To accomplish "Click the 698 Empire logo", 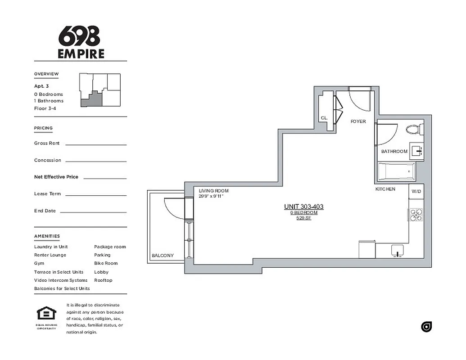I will pos(81,42).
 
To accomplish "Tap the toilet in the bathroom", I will pos(414,130).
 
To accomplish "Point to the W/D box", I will pos(416,192).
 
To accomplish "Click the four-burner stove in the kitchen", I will pos(416,215).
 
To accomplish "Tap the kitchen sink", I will pos(397,250).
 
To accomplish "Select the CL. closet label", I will pos(324,118).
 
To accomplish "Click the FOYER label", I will pos(358,121).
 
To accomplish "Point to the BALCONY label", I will pos(163,256).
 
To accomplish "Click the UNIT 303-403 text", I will pos(303,207).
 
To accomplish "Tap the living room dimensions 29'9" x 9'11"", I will pos(211,196).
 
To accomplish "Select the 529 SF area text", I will pos(303,218).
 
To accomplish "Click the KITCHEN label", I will pos(385,189).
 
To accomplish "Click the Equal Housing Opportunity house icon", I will pos(46,314).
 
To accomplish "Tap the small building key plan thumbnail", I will pos(100,90).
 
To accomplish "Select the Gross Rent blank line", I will pos(96,144).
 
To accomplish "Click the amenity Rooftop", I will pos(103,280).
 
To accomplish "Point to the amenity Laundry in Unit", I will pos(51,247).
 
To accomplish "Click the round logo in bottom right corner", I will pos(426,327).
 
